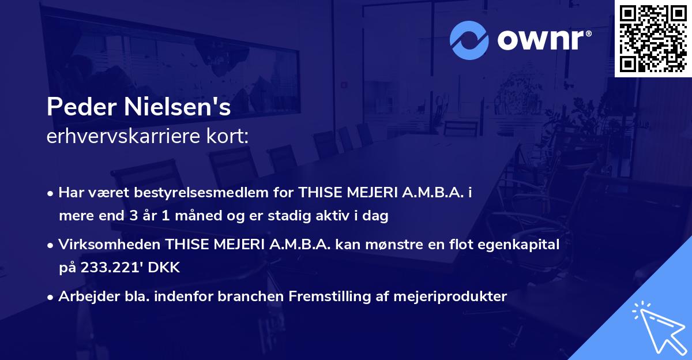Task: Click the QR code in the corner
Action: click(x=653, y=38)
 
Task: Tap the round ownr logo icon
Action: click(x=469, y=40)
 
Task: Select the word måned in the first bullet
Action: click(x=197, y=216)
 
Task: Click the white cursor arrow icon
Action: click(x=657, y=325)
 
